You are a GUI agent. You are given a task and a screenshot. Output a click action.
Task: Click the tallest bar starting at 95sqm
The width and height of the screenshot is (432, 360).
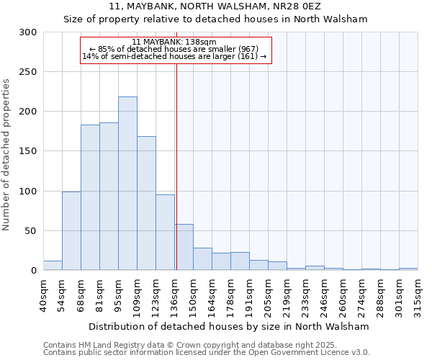click(127, 184)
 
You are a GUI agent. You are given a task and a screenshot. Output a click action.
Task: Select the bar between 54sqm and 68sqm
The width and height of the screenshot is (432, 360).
click(71, 230)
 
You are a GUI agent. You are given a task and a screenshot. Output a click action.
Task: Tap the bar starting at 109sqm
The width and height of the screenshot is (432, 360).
click(146, 203)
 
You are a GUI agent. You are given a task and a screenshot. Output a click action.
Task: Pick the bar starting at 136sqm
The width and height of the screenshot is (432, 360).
click(184, 247)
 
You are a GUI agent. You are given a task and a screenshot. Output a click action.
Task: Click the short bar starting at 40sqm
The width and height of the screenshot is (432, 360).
click(53, 266)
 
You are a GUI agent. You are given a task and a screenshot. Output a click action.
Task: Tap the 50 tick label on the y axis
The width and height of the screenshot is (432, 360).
click(30, 231)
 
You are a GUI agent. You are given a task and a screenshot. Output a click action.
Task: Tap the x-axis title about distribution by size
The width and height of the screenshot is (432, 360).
click(230, 326)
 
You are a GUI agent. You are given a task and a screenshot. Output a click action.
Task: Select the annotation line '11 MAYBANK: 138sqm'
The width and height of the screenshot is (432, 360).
click(175, 42)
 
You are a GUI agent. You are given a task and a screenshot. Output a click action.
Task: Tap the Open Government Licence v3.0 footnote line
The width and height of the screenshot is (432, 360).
click(207, 353)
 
